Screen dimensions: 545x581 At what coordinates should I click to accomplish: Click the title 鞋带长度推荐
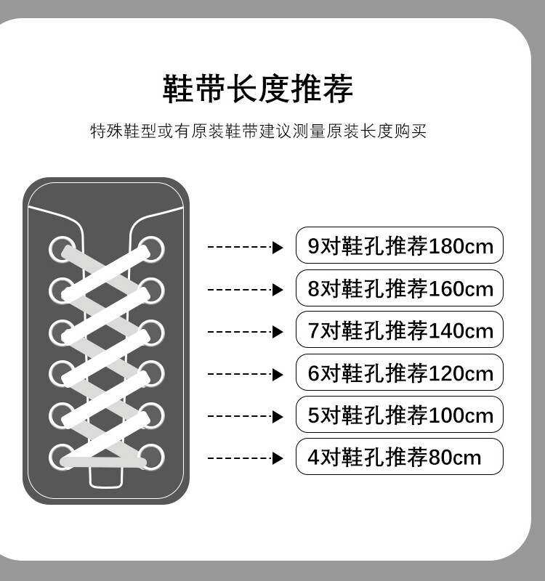pyautogui.click(x=257, y=89)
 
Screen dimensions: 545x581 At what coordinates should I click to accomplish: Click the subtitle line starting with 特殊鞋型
pyautogui.click(x=257, y=131)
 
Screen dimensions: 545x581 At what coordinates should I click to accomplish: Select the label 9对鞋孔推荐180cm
pyautogui.click(x=400, y=246)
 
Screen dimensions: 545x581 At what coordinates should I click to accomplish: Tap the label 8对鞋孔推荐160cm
pyautogui.click(x=400, y=288)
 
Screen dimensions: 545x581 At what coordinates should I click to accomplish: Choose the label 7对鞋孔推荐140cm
pyautogui.click(x=400, y=330)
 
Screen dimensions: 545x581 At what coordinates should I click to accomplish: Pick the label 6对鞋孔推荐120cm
pyautogui.click(x=400, y=373)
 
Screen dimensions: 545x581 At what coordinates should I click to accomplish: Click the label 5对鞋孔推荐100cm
pyautogui.click(x=400, y=415)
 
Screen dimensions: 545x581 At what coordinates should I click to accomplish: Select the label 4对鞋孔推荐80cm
pyautogui.click(x=400, y=457)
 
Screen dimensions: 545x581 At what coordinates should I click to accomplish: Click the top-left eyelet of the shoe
pyautogui.click(x=61, y=249)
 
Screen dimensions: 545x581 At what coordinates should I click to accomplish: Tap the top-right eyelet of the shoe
pyautogui.click(x=153, y=248)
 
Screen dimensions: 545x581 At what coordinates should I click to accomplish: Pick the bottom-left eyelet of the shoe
pyautogui.click(x=61, y=457)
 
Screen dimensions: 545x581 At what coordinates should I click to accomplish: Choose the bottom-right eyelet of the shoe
pyautogui.click(x=153, y=457)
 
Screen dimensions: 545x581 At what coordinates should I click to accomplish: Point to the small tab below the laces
pyautogui.click(x=106, y=477)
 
